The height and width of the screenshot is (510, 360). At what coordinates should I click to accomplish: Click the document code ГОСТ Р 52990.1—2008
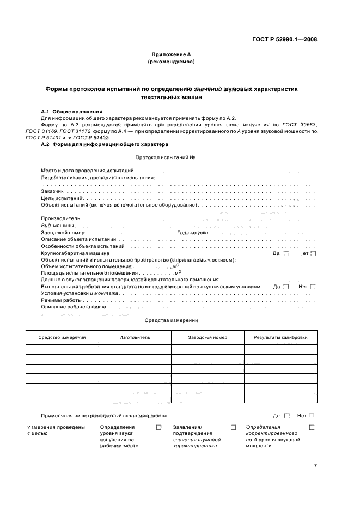284,39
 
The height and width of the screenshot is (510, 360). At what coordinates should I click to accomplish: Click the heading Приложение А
171,54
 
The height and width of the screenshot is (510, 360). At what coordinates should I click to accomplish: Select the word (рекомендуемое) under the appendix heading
171,62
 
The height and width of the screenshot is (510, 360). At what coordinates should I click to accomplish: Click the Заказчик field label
53,192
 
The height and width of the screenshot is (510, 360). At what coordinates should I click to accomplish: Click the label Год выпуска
193,232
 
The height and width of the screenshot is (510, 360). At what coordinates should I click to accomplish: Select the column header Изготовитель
135,338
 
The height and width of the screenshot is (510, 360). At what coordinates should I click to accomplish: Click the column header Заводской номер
208,338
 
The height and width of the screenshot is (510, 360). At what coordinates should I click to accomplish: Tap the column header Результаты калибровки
280,338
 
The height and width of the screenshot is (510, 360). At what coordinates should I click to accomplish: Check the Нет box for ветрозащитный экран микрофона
312,416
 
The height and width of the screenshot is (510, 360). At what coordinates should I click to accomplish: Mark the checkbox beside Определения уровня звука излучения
159,427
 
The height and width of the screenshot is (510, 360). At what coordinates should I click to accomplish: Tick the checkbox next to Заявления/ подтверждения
234,427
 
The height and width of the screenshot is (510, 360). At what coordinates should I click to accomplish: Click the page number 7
315,466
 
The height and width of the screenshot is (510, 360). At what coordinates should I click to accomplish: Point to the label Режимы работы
61,300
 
